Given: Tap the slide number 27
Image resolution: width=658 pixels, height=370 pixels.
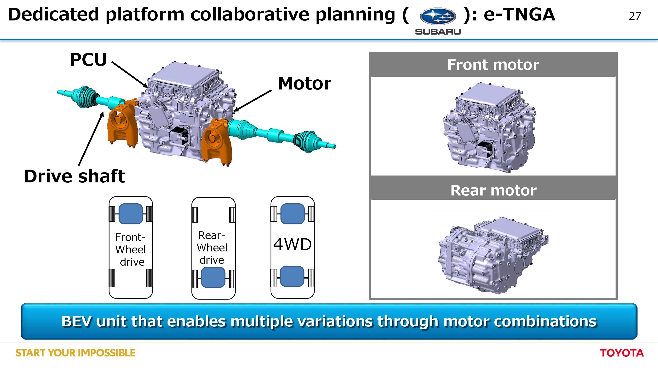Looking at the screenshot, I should coord(635,16).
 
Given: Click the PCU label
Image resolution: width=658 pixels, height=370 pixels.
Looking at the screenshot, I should coord(88,60).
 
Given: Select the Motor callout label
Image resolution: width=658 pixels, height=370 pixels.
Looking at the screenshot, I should coord(304,84).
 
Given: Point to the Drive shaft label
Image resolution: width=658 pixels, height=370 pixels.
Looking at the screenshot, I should coord(74,176).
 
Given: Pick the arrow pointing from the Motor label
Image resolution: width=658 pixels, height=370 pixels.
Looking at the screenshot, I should coord(253,101).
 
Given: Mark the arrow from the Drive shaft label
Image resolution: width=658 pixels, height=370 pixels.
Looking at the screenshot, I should coord(91,139).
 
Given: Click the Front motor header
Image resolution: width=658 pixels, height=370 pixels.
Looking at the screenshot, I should coord(493,65).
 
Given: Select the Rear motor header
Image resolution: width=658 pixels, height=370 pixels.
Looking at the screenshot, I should coord(493,190).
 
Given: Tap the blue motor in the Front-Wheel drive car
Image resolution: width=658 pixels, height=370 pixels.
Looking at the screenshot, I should coord(131,214).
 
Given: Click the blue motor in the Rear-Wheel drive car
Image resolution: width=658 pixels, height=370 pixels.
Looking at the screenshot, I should coord(213,277).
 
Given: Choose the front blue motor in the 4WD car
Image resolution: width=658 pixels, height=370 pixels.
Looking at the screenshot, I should coord(292,214).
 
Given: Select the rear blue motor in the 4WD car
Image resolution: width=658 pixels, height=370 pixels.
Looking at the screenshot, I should coord(292,276).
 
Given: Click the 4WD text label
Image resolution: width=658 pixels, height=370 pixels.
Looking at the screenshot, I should coord(292,245).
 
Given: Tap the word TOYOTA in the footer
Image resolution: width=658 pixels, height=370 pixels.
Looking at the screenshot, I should coord(622,353).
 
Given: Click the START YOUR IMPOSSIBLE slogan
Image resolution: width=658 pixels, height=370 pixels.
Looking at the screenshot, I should coord(75,353).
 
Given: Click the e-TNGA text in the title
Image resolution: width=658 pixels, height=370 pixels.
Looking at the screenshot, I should coord(519,15).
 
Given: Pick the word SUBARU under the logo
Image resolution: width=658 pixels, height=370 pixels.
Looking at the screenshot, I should coord(438,32).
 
